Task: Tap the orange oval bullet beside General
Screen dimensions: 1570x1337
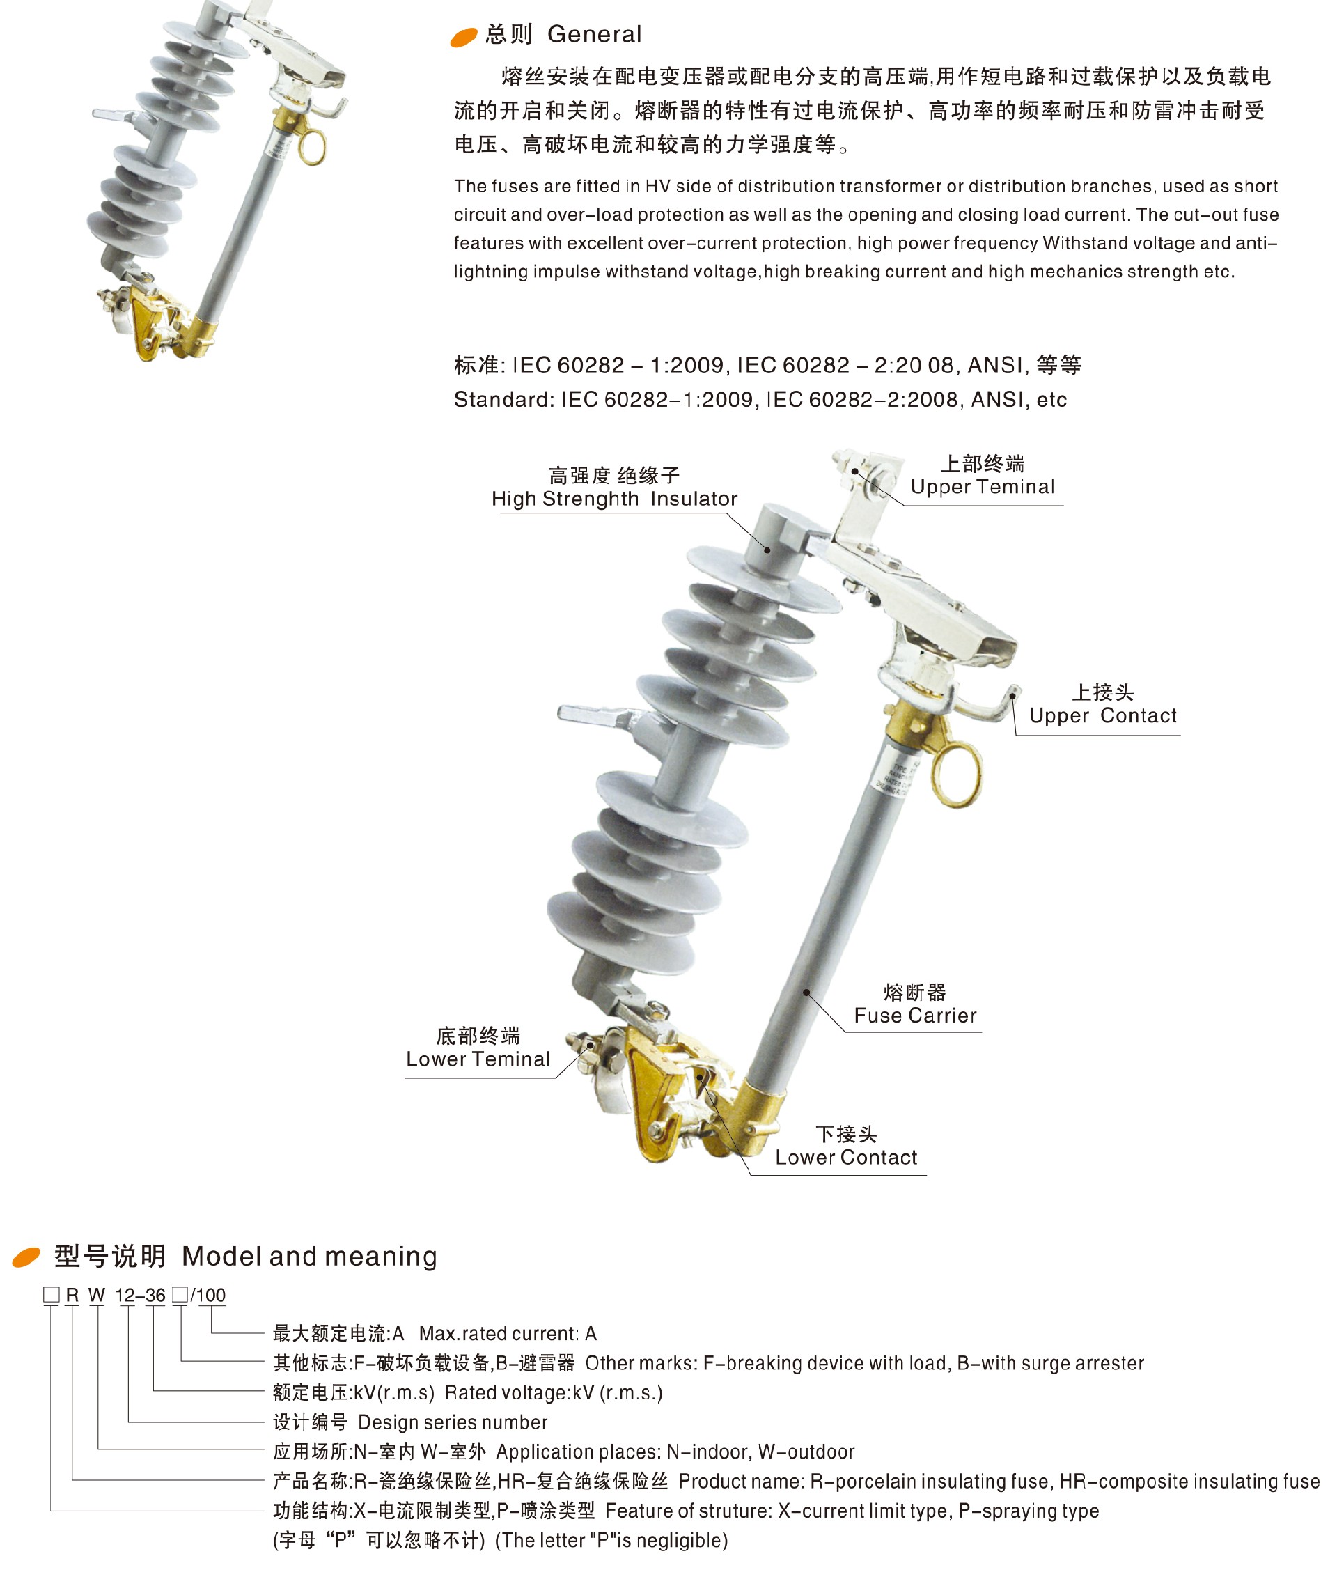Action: point(463,37)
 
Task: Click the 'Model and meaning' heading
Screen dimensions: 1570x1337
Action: point(308,1257)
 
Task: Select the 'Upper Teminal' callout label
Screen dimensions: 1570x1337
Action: point(982,486)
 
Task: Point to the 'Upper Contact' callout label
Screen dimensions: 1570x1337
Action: point(1102,715)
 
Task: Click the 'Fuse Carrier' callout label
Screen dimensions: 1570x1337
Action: point(915,1016)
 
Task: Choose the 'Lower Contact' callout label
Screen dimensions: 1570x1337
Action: point(845,1157)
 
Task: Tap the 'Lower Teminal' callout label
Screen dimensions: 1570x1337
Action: point(478,1059)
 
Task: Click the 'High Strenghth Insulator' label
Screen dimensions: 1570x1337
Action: point(613,499)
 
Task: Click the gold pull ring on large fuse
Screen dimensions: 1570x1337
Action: point(956,775)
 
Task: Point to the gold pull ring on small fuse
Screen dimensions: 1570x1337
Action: point(311,146)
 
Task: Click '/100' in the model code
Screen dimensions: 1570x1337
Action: point(208,1295)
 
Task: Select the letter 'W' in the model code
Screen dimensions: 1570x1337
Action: point(96,1295)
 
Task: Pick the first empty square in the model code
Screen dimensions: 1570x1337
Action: point(51,1295)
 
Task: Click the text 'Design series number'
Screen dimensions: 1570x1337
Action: point(452,1422)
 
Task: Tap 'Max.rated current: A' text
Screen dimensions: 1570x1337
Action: point(508,1334)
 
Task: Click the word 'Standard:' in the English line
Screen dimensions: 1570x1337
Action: point(503,399)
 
